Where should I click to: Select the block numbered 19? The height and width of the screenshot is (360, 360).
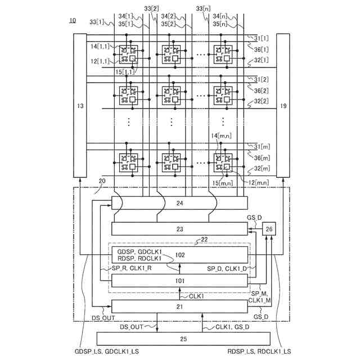pyautogui.click(x=283, y=105)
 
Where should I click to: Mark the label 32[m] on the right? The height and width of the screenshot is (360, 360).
pyautogui.click(x=262, y=169)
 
